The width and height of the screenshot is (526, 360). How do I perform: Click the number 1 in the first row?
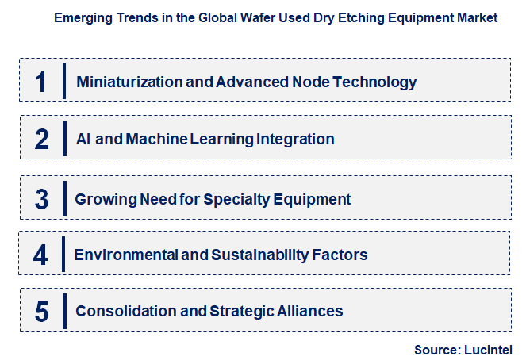click(x=41, y=82)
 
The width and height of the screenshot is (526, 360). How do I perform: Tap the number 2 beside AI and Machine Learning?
click(x=42, y=140)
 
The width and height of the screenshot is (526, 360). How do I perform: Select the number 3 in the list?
click(x=42, y=198)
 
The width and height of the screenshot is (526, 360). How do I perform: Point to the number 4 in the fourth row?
click(x=41, y=255)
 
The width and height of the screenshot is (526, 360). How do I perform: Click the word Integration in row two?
click(x=295, y=140)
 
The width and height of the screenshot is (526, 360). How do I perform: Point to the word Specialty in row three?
click(x=233, y=198)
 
